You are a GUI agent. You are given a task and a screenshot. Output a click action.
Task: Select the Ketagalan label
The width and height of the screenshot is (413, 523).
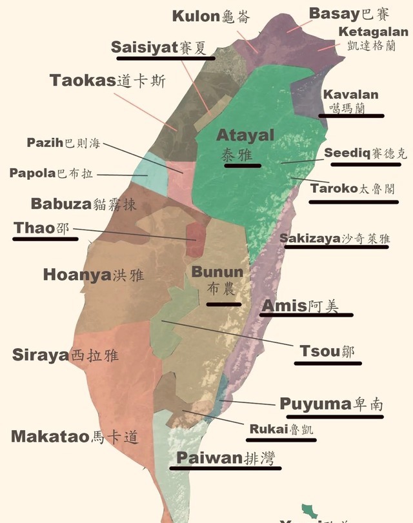(x=374, y=39)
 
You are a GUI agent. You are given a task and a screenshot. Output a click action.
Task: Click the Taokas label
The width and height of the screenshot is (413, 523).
(x=108, y=81)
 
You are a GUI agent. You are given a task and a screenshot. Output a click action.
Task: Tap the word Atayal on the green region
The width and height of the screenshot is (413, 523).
(x=245, y=136)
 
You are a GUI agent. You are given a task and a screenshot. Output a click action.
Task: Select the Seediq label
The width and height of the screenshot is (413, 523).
(x=365, y=153)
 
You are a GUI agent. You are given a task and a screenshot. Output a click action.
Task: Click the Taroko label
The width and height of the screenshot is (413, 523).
(x=352, y=189)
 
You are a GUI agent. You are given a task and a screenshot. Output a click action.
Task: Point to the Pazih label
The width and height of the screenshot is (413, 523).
(x=63, y=143)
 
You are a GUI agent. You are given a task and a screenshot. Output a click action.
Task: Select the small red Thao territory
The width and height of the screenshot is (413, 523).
(x=196, y=238)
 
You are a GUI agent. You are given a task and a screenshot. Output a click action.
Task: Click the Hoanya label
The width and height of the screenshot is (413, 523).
(x=93, y=275)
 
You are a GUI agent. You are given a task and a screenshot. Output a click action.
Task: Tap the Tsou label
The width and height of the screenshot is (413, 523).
(x=327, y=351)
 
